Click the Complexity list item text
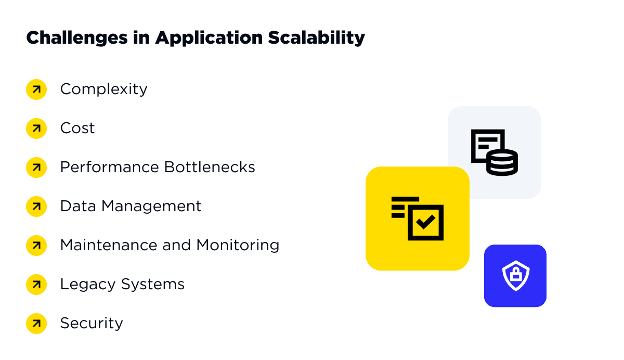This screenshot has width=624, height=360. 103,89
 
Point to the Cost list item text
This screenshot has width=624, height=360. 77,128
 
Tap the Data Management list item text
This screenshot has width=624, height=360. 131,206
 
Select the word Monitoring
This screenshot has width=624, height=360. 238,245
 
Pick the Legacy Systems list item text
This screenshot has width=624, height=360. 122,284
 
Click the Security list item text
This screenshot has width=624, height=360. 92,323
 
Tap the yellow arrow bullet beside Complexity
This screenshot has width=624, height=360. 36,89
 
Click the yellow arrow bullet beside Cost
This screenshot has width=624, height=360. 36,128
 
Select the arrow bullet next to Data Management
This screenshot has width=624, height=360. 36,206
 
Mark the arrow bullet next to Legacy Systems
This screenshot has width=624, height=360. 36,284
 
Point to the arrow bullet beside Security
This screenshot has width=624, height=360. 36,323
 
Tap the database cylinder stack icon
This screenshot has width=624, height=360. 502,162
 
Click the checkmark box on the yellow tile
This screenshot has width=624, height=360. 425,223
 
